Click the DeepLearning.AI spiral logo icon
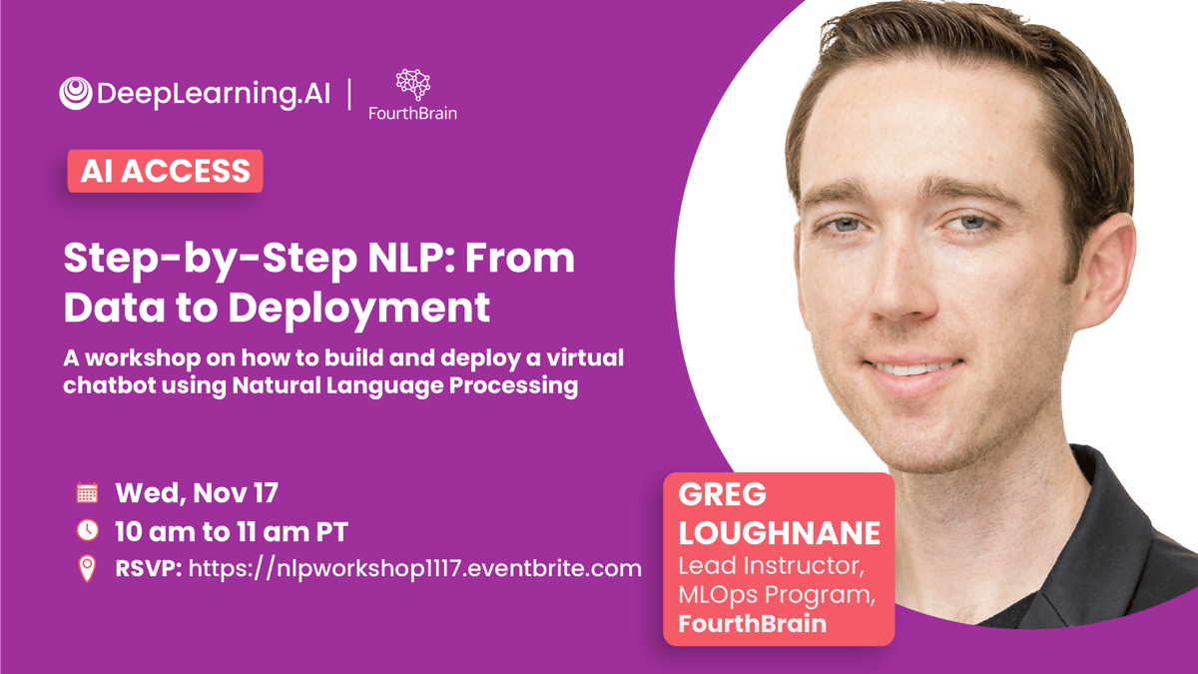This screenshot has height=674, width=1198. click(x=76, y=94)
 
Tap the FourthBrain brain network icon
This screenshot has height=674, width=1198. click(x=413, y=85)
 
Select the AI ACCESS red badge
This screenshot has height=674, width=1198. click(x=166, y=171)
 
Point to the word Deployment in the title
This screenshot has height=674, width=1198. click(x=358, y=309)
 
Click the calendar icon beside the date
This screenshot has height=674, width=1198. click(x=87, y=492)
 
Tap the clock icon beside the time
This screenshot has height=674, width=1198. click(x=87, y=530)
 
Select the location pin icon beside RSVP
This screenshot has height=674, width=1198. click(x=87, y=568)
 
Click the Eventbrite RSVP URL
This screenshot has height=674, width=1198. click(x=415, y=568)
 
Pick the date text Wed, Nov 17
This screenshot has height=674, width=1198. click(x=197, y=493)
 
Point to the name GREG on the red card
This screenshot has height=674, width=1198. click(x=722, y=494)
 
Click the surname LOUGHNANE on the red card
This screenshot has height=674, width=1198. click(x=780, y=533)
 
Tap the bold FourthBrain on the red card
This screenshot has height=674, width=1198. click(x=753, y=624)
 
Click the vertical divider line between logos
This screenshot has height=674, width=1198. click(x=349, y=94)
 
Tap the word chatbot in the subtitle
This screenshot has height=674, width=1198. click(x=109, y=385)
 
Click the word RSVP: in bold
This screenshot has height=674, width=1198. click(x=149, y=568)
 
